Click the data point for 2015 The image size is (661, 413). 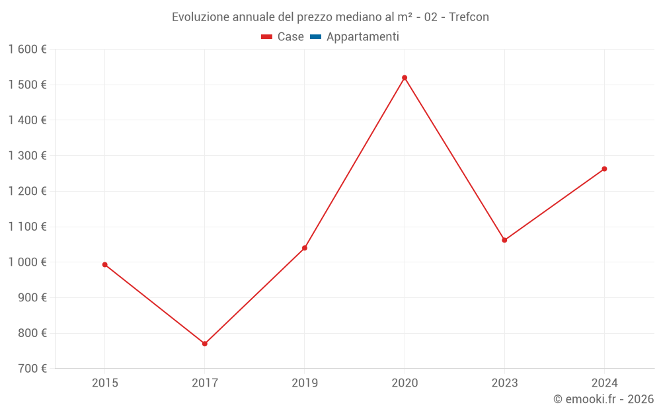[x=105, y=264]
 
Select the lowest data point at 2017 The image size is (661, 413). [x=205, y=344]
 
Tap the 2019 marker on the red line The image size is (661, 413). [x=305, y=248]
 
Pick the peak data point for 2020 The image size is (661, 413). [x=405, y=78]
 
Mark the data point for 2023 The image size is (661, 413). [x=504, y=240]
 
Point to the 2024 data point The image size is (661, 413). [x=604, y=169]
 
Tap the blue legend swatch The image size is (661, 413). [x=315, y=37]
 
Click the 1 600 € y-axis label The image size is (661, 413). [x=27, y=49]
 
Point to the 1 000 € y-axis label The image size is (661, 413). [x=27, y=262]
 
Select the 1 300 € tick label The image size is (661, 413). [x=27, y=156]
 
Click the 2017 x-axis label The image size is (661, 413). [x=205, y=383]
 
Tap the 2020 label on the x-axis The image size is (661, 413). [x=405, y=383]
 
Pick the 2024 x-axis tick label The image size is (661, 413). [x=604, y=383]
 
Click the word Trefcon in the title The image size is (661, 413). [x=469, y=17]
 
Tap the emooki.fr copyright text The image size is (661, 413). [x=603, y=399]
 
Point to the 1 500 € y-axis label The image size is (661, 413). [x=27, y=85]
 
